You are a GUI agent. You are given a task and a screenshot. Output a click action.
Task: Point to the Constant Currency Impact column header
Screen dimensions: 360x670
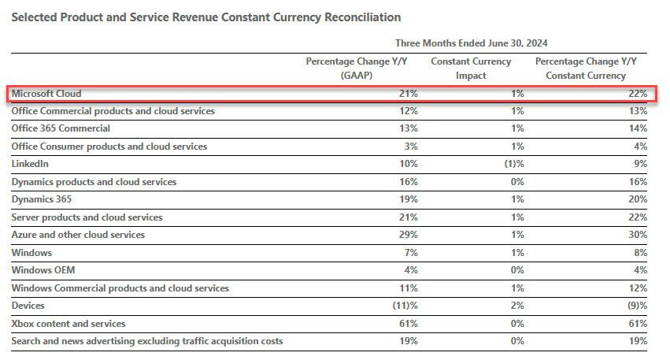coord(471,69)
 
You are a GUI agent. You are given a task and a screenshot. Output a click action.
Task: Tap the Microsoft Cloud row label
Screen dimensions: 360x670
coord(46,94)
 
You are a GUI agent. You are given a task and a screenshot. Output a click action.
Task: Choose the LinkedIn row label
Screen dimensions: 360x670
coord(30,164)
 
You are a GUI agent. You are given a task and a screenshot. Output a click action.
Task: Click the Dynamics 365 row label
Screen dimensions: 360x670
coord(40,199)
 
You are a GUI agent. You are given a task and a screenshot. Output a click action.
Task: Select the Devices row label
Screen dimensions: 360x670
coord(28,306)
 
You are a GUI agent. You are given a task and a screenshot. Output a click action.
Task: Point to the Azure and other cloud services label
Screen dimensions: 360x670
coord(78,235)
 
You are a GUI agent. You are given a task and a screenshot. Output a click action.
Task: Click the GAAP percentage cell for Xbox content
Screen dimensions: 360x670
coord(408,324)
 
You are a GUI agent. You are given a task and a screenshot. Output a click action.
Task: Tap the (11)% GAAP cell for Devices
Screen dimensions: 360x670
coord(405,306)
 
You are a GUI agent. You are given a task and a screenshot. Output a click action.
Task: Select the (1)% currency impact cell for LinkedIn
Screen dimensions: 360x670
coord(513,164)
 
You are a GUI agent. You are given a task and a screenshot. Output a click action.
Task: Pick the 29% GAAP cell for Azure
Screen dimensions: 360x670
coord(408,235)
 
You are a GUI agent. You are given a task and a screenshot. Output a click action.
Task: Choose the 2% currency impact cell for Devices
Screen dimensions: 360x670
coord(517,306)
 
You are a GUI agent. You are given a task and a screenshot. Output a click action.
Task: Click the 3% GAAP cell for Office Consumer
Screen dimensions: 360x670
coord(410,147)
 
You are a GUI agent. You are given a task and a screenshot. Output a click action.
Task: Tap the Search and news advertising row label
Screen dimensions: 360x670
coord(147,341)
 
